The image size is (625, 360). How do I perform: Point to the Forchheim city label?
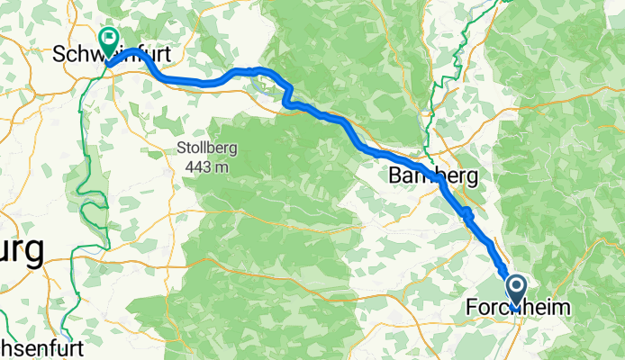point(518,308)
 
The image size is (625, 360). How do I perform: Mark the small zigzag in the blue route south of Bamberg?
point(466,213)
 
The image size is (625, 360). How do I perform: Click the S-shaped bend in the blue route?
point(288,95)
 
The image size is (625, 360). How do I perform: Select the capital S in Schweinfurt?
point(59,53)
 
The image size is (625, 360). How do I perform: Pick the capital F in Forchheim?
point(472,308)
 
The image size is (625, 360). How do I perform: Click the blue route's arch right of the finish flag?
point(134,51)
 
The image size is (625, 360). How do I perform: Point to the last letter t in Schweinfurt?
point(168,53)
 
